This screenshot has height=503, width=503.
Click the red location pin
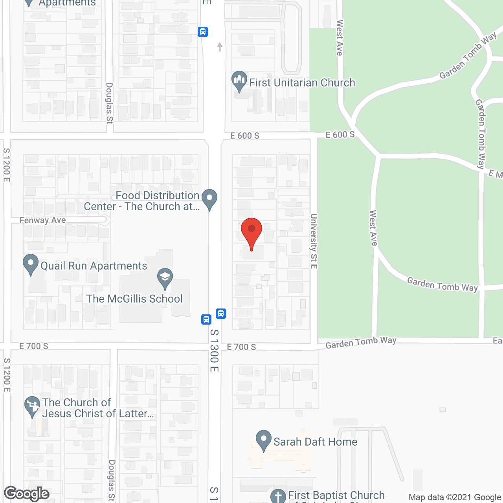point(251,232)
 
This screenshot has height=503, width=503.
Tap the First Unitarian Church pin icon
point(239,81)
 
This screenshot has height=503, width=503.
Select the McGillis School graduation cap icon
point(165,278)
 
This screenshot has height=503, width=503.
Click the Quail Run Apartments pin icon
point(31,264)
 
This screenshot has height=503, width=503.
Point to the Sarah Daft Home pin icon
point(264,440)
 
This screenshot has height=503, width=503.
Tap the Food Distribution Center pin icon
point(209,198)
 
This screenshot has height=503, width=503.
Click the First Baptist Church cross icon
point(278,496)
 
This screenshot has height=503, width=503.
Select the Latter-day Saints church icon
point(32,407)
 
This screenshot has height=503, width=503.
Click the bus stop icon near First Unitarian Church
point(203,31)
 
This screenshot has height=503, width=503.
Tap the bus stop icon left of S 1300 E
point(206,319)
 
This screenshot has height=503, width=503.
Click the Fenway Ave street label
point(43,220)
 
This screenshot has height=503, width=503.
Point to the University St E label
point(314,241)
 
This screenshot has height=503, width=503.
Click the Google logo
point(27,494)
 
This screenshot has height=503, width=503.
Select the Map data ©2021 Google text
point(455,497)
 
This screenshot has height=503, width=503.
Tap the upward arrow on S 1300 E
point(220,47)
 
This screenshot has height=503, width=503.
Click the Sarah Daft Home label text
point(315,442)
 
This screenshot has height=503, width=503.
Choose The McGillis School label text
point(134,299)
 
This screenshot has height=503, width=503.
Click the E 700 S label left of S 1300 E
point(34,346)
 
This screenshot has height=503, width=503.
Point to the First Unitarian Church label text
point(302,83)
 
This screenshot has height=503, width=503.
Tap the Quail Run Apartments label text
point(94,266)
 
